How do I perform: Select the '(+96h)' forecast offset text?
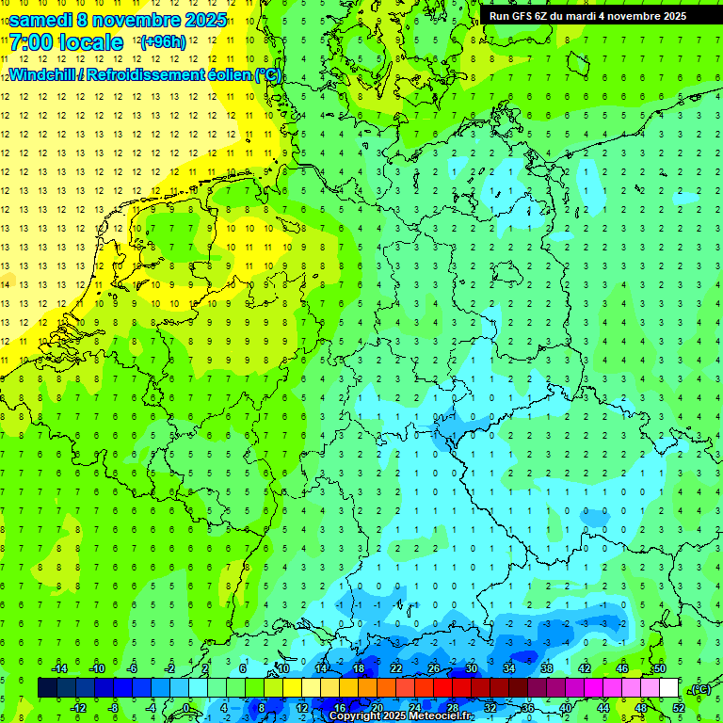(x=163, y=42)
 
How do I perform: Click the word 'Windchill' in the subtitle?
(x=43, y=74)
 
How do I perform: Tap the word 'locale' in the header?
(x=89, y=42)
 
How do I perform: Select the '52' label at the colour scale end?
(x=678, y=707)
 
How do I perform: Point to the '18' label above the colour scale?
(x=358, y=668)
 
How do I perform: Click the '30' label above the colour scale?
(x=471, y=668)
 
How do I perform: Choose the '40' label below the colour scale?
(x=565, y=707)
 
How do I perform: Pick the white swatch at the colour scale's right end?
(x=668, y=687)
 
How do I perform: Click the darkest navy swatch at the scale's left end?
(x=47, y=687)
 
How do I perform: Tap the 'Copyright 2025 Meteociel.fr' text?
(x=401, y=716)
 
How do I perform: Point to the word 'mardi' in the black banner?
(x=577, y=15)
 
